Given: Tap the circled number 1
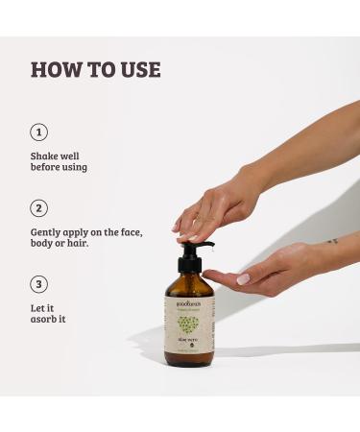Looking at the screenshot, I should (x=39, y=132).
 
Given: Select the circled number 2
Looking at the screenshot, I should (x=39, y=207).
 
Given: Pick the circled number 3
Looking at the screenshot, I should (x=39, y=283).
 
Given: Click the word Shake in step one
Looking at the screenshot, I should (x=45, y=154).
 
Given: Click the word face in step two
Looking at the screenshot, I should (x=146, y=230).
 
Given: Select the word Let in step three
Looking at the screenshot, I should (x=39, y=306).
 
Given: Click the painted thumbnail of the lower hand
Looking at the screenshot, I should (x=244, y=279).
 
